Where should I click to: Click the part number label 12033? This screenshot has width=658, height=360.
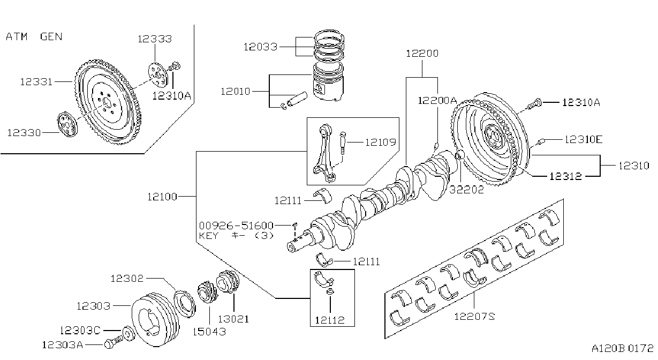[261, 47]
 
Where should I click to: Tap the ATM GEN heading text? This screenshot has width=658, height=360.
[34, 37]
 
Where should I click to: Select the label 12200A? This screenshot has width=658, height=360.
[437, 101]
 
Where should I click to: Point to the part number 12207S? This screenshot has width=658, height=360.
[474, 317]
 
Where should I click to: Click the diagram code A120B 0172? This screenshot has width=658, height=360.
[623, 349]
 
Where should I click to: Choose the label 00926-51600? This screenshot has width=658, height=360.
[236, 226]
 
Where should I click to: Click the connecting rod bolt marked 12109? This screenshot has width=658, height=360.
[343, 143]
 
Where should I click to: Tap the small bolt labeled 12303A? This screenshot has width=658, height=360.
[114, 343]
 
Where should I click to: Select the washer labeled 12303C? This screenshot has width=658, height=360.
[128, 333]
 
